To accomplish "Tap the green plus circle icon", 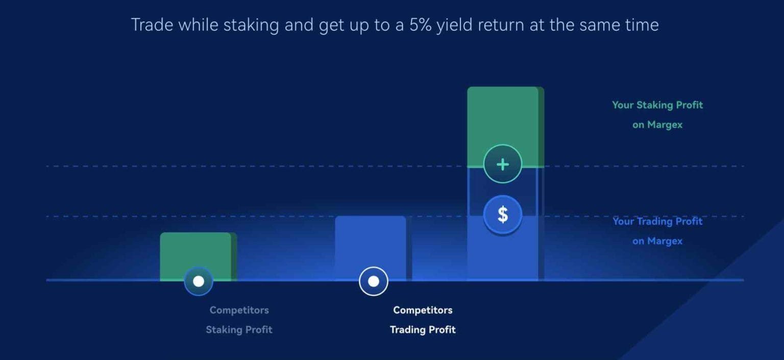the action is [503, 164].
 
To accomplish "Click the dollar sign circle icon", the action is [503, 214].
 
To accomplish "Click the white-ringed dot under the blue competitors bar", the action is [374, 281].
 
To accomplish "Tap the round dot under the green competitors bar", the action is [199, 281].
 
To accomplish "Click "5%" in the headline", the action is [421, 25].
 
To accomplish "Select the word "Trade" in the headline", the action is [152, 25].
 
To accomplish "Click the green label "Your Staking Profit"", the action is [657, 105].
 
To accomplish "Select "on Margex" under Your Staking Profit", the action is [657, 125].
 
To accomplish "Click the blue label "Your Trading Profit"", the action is [657, 221].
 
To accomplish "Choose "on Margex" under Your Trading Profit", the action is [657, 241].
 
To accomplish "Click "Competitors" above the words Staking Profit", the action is [239, 310].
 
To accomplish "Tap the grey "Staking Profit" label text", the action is [239, 329].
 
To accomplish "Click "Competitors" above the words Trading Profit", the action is [423, 310].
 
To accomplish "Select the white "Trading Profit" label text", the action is [423, 329].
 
